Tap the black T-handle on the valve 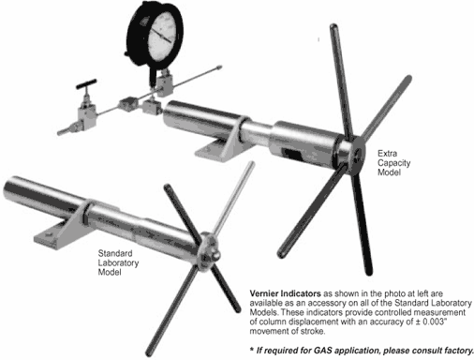[86, 83]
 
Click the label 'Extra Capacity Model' [393, 162]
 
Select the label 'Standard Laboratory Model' [118, 262]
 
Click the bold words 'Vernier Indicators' [285, 293]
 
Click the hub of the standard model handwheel [208, 251]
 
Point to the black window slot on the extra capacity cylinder [291, 154]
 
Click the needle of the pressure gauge [161, 36]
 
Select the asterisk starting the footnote [252, 349]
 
